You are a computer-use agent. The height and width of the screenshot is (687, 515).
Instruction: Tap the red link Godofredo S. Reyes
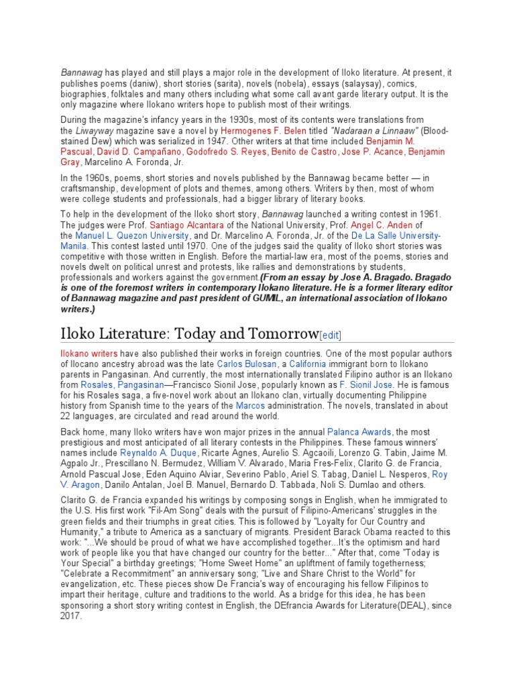point(226,152)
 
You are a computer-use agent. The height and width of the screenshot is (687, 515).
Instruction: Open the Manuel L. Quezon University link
point(133,235)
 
